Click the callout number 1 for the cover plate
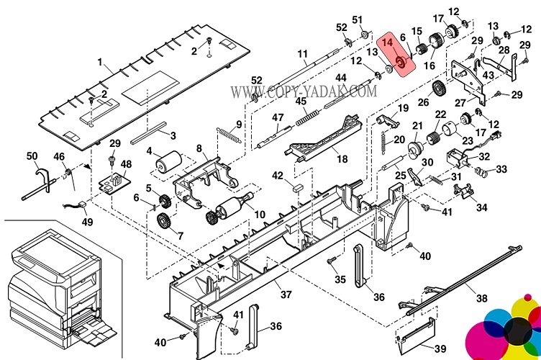point(101,63)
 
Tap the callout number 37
point(286,294)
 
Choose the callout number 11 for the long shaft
point(302,53)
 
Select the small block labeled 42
point(296,184)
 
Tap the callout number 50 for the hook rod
point(32,156)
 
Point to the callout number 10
point(260,215)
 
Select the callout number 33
point(501,169)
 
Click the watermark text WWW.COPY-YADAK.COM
point(302,91)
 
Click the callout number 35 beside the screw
point(340,279)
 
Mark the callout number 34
point(481,207)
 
